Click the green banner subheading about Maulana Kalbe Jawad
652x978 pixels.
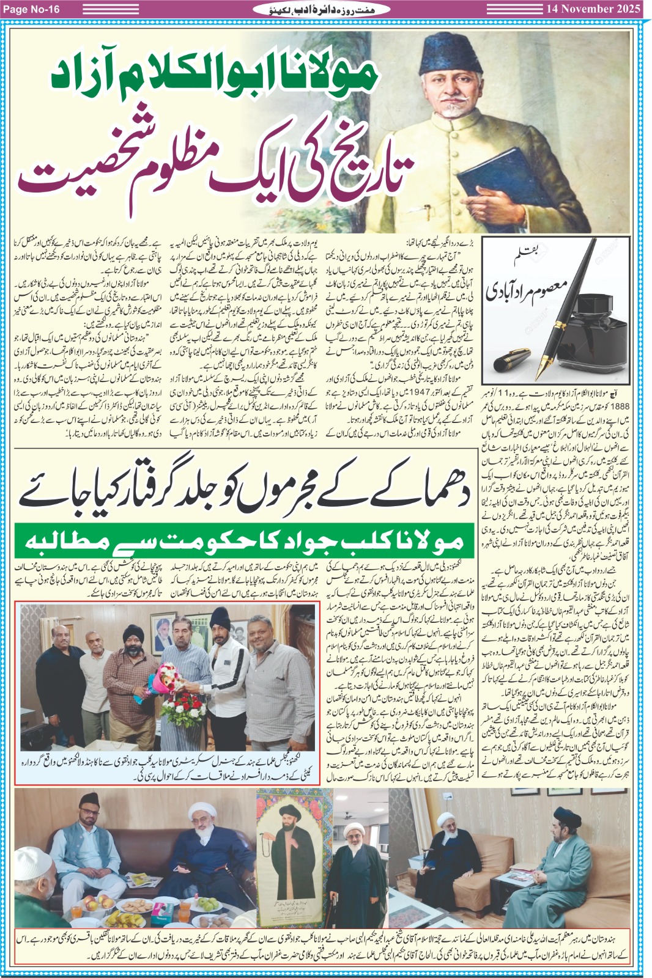[239, 541]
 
